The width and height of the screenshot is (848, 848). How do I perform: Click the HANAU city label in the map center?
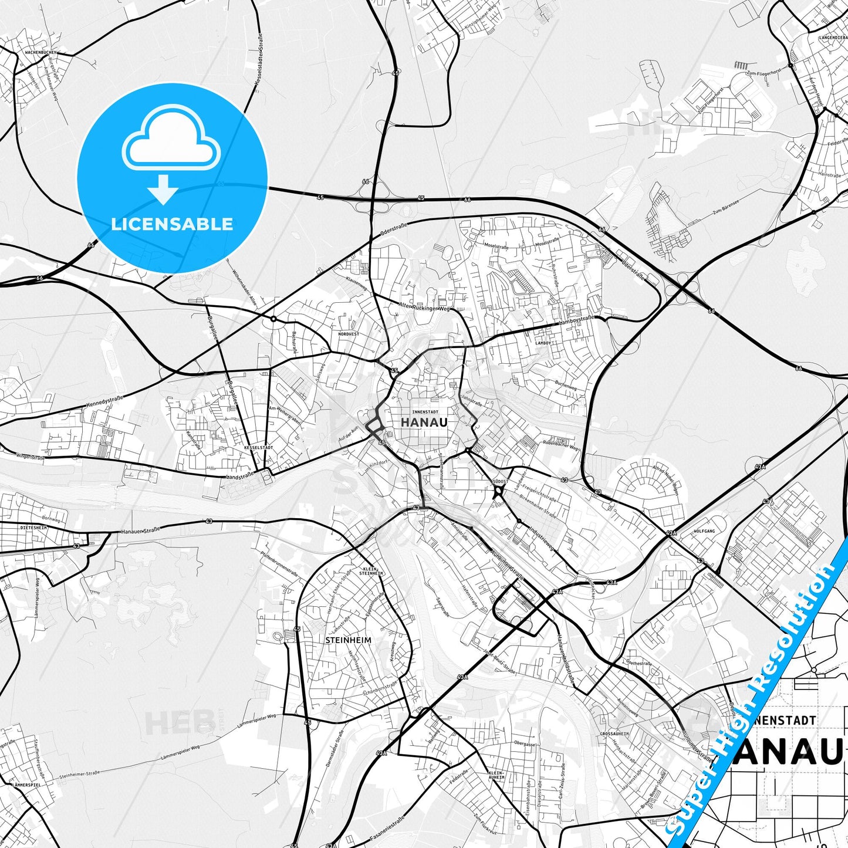click(x=424, y=423)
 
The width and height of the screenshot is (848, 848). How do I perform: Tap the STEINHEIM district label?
click(x=348, y=640)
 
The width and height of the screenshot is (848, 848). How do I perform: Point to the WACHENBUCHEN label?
click(x=41, y=52)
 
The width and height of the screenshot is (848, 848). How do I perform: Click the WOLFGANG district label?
click(x=704, y=531)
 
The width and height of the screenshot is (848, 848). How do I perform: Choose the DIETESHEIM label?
click(x=33, y=528)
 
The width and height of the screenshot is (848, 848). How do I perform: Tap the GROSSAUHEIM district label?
click(x=614, y=734)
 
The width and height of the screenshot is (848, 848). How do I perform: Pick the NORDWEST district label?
click(x=349, y=334)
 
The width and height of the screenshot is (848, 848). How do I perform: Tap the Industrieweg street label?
click(x=541, y=536)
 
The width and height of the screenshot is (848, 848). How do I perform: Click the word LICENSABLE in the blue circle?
click(x=172, y=224)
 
